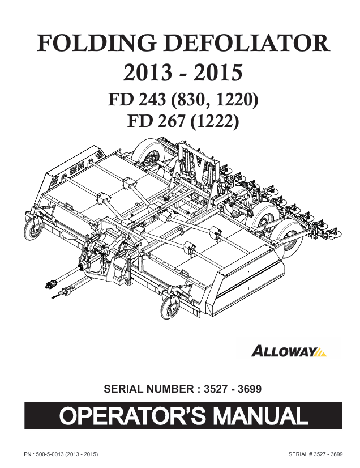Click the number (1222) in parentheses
214,121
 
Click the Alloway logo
289,351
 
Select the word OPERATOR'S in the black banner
132,415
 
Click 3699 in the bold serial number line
250,389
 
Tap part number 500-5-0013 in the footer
49,454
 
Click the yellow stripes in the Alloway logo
320,352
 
